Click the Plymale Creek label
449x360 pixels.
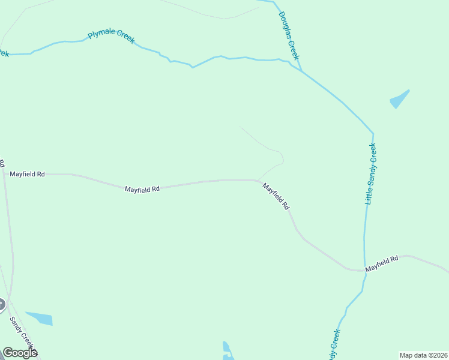pos(111,36)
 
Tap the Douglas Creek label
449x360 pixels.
pos(288,36)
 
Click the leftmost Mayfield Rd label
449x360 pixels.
pos(27,174)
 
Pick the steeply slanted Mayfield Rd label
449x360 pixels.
pos(276,196)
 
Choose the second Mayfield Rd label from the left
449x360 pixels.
pos(142,189)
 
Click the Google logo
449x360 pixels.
pos(19,352)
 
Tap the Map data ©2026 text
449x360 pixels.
pos(423,355)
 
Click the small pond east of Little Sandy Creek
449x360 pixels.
pos(399,100)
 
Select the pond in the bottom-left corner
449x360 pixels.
pos(40,318)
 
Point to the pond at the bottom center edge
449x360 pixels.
pos(226,350)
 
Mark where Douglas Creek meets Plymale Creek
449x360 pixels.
pos(301,71)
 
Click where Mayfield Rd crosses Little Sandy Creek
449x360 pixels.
pos(365,270)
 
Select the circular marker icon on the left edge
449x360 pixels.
pos(1,305)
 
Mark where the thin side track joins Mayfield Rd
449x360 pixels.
pos(259,180)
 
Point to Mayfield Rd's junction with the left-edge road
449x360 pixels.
pos(4,173)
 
